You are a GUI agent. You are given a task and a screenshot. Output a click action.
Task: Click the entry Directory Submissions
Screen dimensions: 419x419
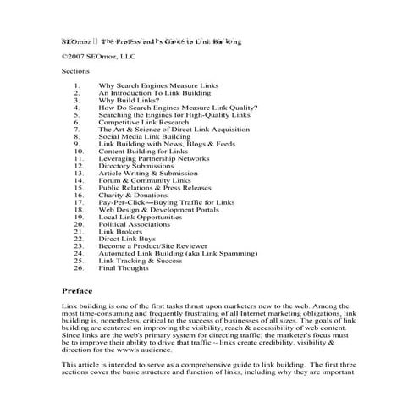point(136,165)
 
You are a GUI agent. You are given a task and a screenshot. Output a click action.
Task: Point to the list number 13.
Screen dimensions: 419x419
point(79,173)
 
